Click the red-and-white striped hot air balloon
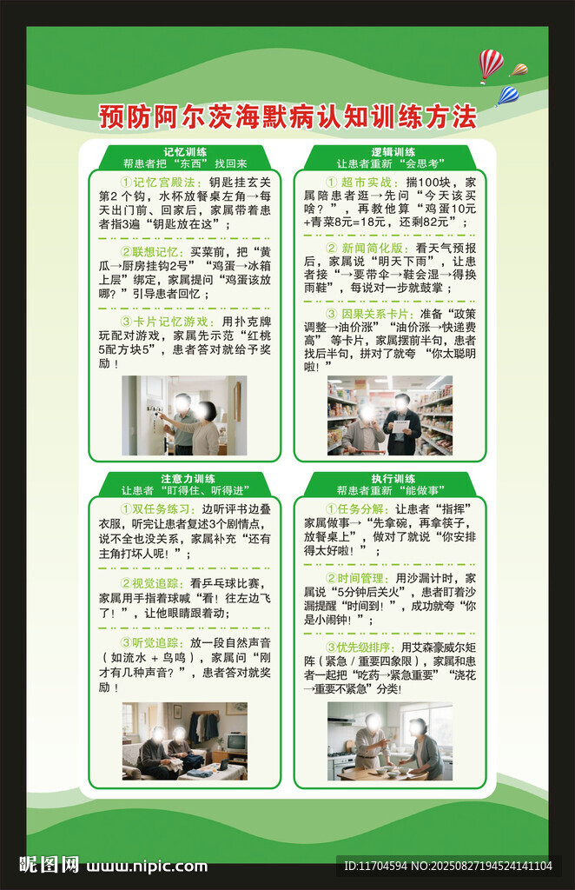point(491,65)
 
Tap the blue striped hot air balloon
point(507,96)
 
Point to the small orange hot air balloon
point(519,70)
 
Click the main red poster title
point(287,116)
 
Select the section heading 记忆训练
point(185,152)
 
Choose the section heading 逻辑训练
point(393,152)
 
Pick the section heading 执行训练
point(393,479)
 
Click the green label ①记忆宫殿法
point(162,183)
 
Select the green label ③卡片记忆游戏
point(168,322)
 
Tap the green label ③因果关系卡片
point(370,314)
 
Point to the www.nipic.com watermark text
point(147,867)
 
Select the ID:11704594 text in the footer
point(375,867)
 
